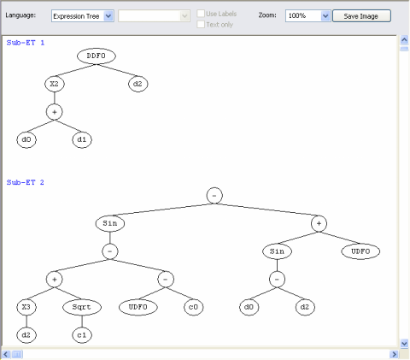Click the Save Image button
click(x=361, y=16)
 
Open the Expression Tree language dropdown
click(x=108, y=16)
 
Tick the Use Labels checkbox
click(x=201, y=14)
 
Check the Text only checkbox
click(x=201, y=25)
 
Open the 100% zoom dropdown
click(x=325, y=16)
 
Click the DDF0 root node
click(x=97, y=56)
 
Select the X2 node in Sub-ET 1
click(x=55, y=84)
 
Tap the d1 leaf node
click(x=82, y=139)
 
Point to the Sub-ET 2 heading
click(x=26, y=182)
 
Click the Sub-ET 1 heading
click(x=26, y=43)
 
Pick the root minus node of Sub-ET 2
click(x=214, y=196)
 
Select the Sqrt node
click(x=82, y=307)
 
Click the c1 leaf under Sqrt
click(x=82, y=335)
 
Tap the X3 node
click(x=26, y=307)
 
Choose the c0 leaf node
click(x=194, y=307)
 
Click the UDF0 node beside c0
click(x=138, y=307)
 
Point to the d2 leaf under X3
click(x=26, y=335)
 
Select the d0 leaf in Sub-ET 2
click(x=249, y=307)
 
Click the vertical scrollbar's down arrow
click(x=404, y=344)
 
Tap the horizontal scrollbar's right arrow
click(x=395, y=354)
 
